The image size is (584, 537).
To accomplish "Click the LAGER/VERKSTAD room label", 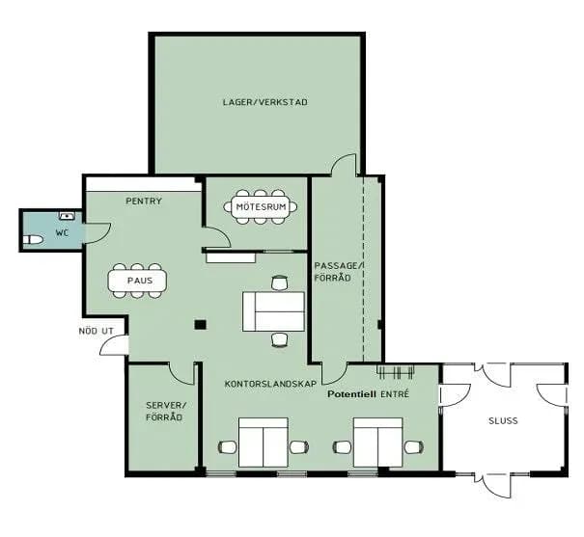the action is point(264,102).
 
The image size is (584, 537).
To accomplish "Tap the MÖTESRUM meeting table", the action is point(261,206).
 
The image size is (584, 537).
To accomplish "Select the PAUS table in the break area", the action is point(137,281).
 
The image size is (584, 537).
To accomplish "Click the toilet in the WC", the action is point(33,240).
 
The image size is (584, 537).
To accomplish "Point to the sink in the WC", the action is point(67,216).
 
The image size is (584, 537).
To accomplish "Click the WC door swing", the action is point(97,233).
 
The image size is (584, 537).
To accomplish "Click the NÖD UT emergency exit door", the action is point(114,345).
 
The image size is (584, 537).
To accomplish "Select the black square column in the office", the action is point(201,325).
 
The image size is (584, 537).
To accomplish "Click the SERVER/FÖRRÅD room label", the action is point(164,412).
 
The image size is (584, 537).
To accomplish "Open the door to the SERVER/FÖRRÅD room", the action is point(181,373).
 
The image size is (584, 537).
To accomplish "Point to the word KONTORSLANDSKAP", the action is point(271,384).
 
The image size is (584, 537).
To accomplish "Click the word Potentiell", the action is point(351,394).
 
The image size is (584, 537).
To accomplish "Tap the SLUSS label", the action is point(503,421).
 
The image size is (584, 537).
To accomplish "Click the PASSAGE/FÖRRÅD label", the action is point(338,272).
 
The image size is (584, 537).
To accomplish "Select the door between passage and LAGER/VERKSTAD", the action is point(344,164).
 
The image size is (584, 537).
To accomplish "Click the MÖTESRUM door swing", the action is point(218,237).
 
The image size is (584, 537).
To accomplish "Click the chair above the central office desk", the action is point(280,282).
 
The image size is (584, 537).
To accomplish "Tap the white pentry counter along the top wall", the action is point(142,185).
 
